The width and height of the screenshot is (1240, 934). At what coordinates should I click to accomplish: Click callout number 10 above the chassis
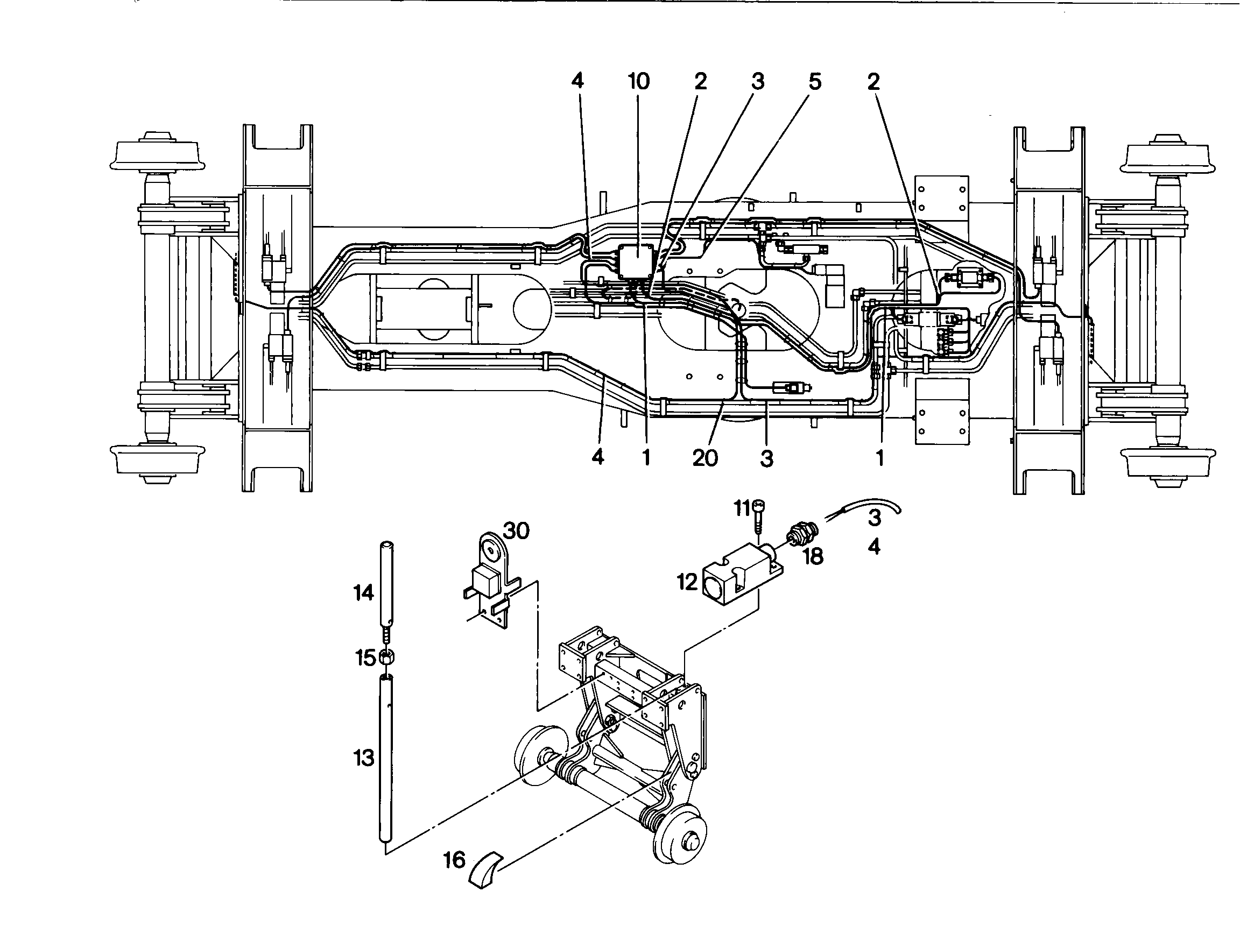[638, 82]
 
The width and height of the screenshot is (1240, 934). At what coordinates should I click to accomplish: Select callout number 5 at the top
[814, 82]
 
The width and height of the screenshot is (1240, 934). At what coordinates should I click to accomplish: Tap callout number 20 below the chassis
[705, 458]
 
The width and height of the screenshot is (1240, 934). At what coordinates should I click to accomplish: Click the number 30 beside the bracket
[516, 530]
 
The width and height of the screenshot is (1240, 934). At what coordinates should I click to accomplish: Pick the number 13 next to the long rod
[364, 758]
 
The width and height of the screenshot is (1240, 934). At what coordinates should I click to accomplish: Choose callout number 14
[364, 592]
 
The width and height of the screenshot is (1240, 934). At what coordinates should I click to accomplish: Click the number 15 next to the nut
[365, 659]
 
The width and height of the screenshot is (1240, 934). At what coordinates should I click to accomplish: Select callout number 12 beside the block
[687, 582]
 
